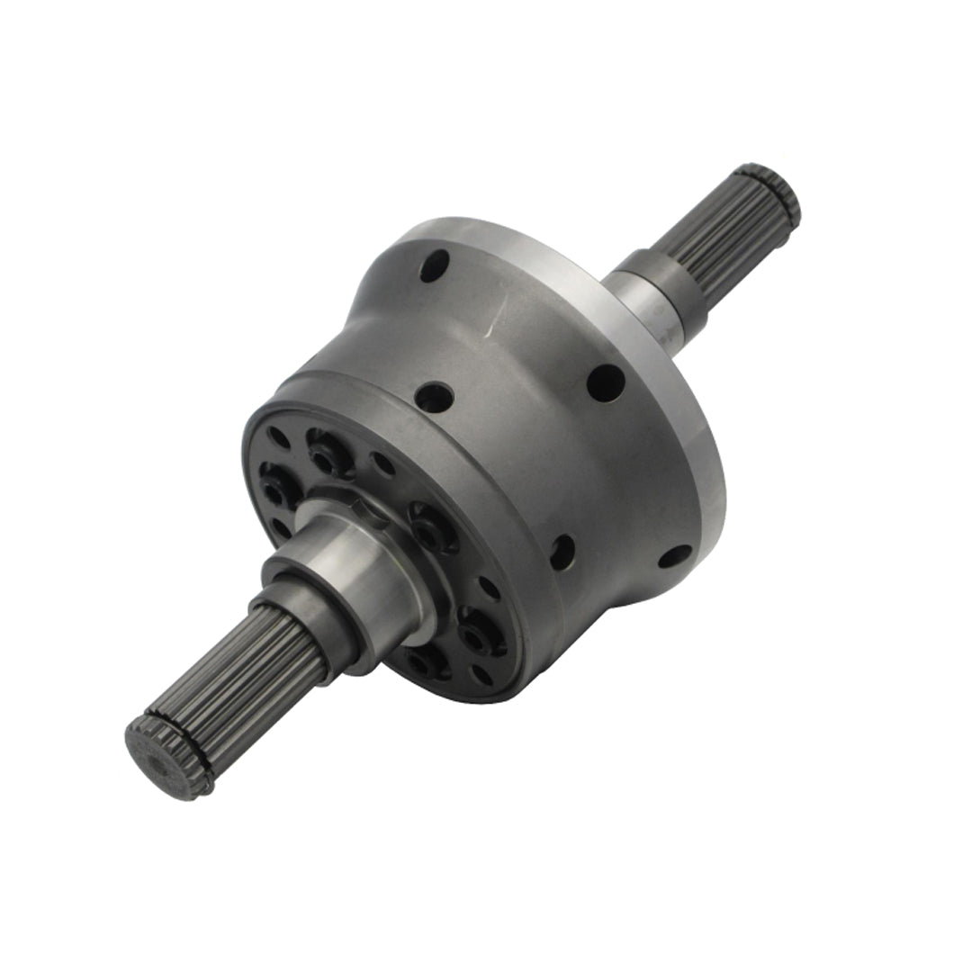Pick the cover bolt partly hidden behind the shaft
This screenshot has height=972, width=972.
click(423, 661)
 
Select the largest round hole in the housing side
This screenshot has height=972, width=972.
click(606, 382)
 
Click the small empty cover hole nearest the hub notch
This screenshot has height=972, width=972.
click(383, 463)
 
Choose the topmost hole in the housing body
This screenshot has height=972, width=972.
click(434, 265)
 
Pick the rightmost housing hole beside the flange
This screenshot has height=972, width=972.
click(675, 555)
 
